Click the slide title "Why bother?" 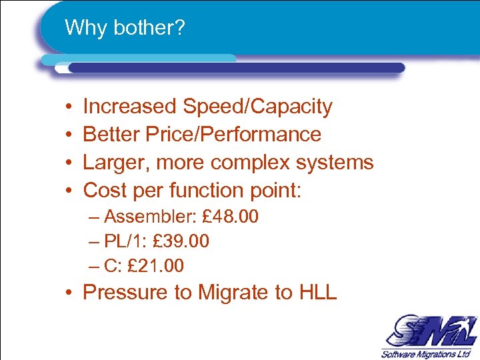pyautogui.click(x=125, y=28)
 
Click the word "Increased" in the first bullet pyautogui.click(x=130, y=107)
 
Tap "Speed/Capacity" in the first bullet pyautogui.click(x=257, y=107)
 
